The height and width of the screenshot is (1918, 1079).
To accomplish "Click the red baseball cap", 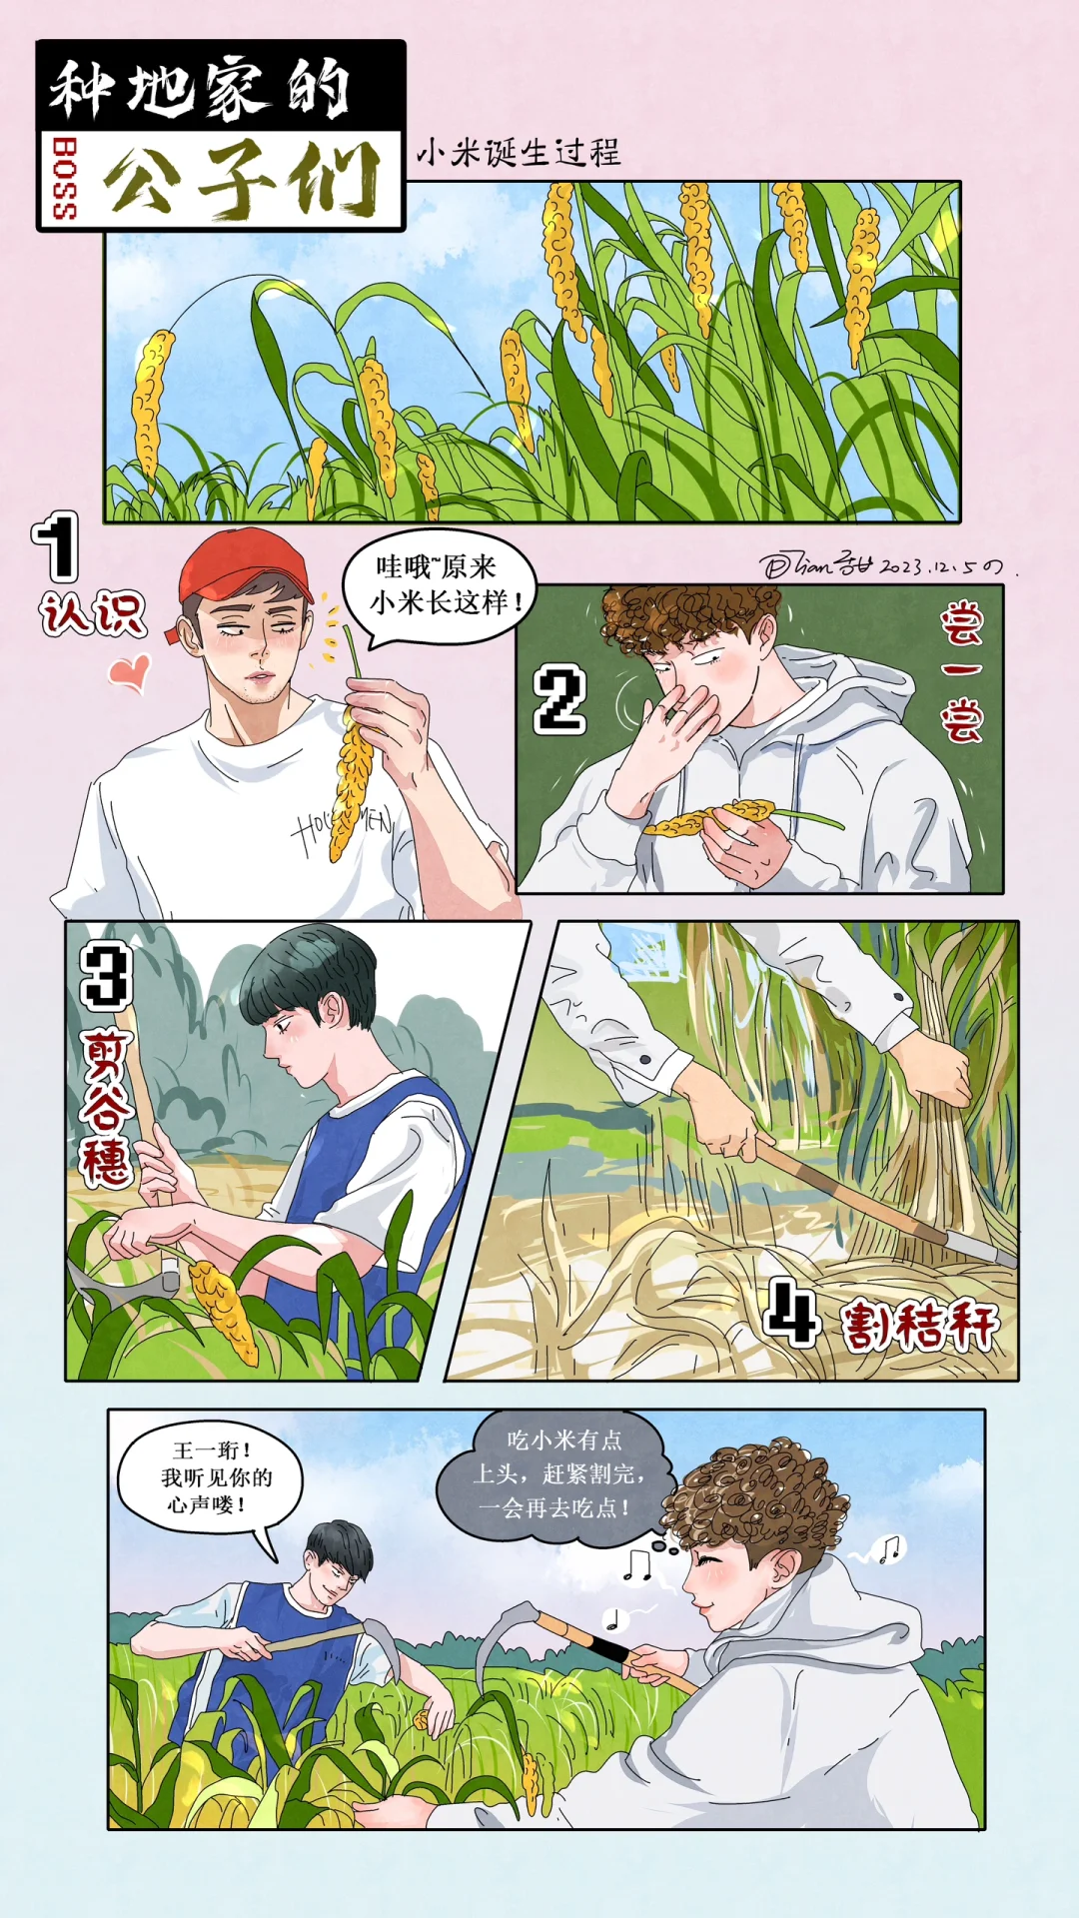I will [x=245, y=564].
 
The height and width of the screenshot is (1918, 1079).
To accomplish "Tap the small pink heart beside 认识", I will [x=130, y=671].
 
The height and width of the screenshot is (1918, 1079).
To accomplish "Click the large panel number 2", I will [x=558, y=701].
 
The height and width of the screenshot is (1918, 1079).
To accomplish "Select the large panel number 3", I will [x=106, y=975].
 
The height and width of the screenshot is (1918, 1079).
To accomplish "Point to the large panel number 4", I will [x=792, y=1313].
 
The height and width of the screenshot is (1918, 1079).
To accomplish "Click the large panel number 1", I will [x=56, y=546].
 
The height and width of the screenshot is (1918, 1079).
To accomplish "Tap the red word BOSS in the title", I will [x=64, y=180].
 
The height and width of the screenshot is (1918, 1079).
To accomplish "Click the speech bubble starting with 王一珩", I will [x=210, y=1476].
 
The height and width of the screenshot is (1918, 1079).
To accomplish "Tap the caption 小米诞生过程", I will [x=519, y=153].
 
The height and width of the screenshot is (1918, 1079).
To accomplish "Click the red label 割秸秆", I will [x=919, y=1325].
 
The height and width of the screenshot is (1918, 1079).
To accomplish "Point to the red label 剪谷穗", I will [x=106, y=1109].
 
